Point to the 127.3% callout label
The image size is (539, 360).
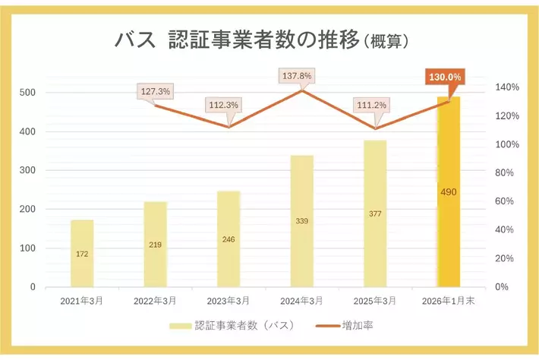[156, 91]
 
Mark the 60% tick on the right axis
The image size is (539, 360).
[506, 201]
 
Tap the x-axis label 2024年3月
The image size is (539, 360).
[301, 301]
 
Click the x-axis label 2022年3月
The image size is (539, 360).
[156, 301]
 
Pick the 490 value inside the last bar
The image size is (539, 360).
[448, 192]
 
